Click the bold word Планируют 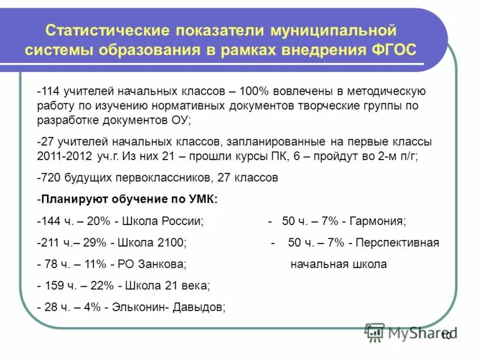pyautogui.click(x=73, y=199)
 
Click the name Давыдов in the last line pyautogui.click(x=199, y=307)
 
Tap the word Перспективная pyautogui.click(x=397, y=242)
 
